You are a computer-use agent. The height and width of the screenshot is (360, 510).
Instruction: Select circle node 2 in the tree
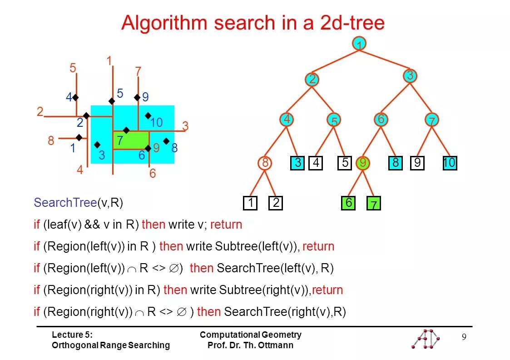(312, 80)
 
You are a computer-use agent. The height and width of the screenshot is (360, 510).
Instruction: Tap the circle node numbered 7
(431, 120)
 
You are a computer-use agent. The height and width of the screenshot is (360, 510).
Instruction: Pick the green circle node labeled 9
(362, 164)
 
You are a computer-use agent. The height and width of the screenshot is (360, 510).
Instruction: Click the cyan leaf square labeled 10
(450, 163)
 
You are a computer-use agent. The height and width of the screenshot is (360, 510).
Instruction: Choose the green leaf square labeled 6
(348, 203)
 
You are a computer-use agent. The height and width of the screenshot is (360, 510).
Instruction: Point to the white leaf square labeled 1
(250, 203)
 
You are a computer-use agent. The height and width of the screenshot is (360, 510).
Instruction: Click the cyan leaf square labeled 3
(297, 163)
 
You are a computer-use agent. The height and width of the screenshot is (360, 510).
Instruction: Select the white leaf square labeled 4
(316, 163)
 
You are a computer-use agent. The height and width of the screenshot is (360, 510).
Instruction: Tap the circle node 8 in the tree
(265, 164)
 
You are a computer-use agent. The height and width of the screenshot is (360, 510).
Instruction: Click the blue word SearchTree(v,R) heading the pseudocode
(78, 203)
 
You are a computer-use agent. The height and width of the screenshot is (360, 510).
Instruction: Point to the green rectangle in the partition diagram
(131, 140)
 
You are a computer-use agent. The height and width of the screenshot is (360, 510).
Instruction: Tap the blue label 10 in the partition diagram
(156, 123)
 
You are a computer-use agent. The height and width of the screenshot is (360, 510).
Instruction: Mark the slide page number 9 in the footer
(464, 337)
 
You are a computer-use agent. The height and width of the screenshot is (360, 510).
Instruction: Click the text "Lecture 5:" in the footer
(72, 335)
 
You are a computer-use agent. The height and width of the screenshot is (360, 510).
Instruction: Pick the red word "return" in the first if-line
(226, 225)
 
